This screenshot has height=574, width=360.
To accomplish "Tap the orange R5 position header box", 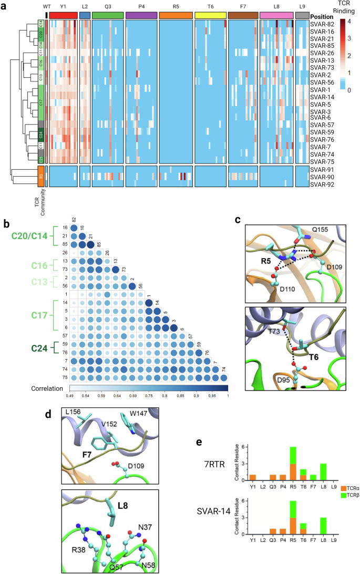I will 175,16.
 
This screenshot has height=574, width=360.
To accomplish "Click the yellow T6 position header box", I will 210,16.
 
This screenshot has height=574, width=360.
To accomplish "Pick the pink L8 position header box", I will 276,16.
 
